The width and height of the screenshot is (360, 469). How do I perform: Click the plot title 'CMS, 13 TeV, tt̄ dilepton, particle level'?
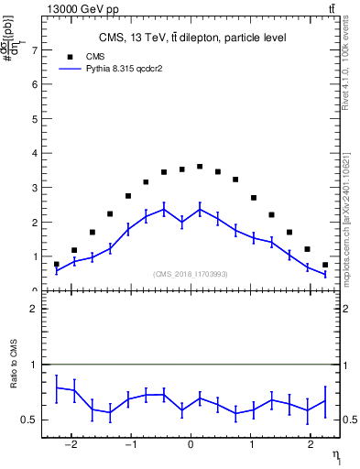(192, 38)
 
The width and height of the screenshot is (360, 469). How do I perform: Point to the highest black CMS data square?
(200, 167)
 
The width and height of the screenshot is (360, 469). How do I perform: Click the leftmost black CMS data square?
(57, 264)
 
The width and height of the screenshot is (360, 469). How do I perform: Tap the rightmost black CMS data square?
(325, 265)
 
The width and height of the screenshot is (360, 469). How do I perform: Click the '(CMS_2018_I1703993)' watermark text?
(191, 274)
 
